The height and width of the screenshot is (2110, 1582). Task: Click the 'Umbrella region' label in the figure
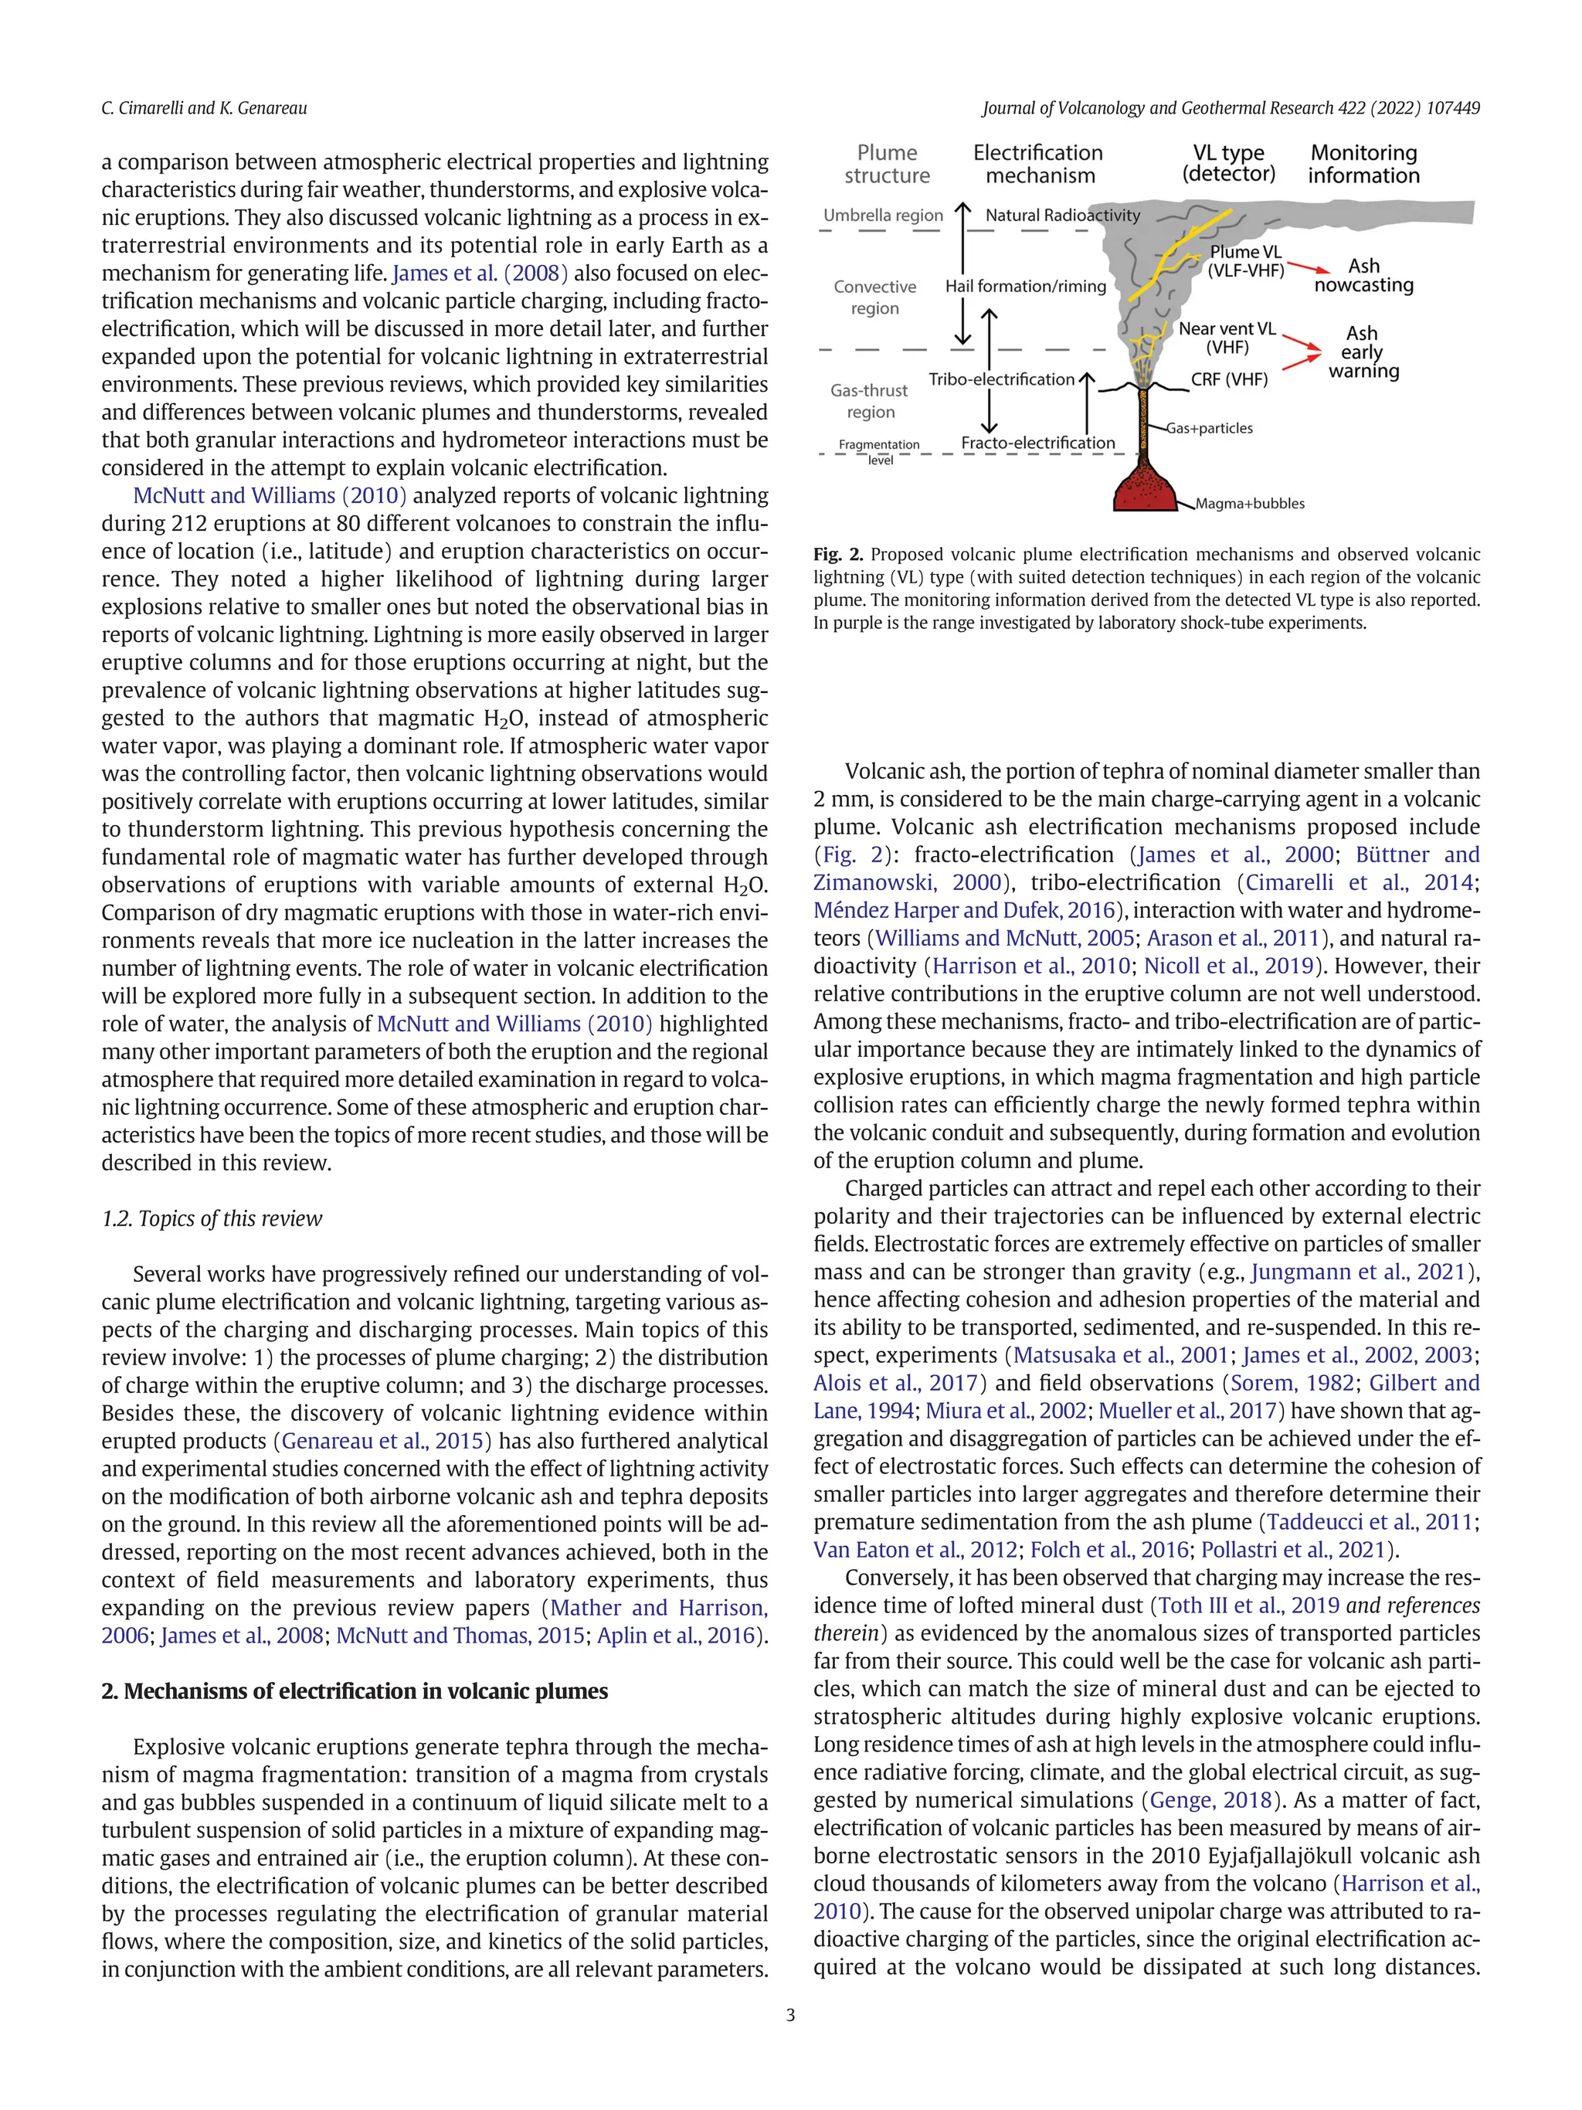click(x=883, y=216)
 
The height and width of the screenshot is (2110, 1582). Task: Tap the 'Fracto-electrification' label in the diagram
click(x=1037, y=443)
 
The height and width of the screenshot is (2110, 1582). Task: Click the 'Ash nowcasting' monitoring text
click(x=1363, y=276)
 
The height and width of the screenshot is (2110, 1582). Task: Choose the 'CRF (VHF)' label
click(x=1229, y=379)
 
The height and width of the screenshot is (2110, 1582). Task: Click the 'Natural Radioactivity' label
click(x=1062, y=216)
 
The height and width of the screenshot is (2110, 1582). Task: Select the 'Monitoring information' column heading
click(x=1363, y=164)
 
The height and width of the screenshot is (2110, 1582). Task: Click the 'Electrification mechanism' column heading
click(x=1038, y=164)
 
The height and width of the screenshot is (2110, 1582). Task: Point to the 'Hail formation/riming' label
click(x=1025, y=286)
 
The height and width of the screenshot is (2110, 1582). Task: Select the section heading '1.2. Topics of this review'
click(x=212, y=1219)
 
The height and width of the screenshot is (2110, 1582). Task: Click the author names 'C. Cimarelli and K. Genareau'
click(x=204, y=109)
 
